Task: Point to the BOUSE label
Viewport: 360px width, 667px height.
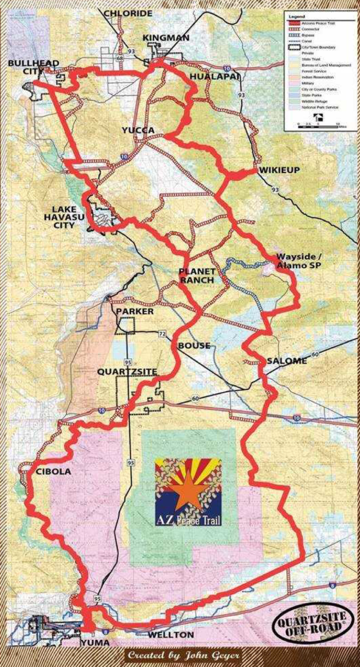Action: tap(194, 346)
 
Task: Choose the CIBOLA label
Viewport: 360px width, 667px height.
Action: tap(53, 471)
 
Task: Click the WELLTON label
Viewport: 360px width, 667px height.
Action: tap(170, 635)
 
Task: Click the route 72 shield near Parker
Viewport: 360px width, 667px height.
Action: tap(162, 333)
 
